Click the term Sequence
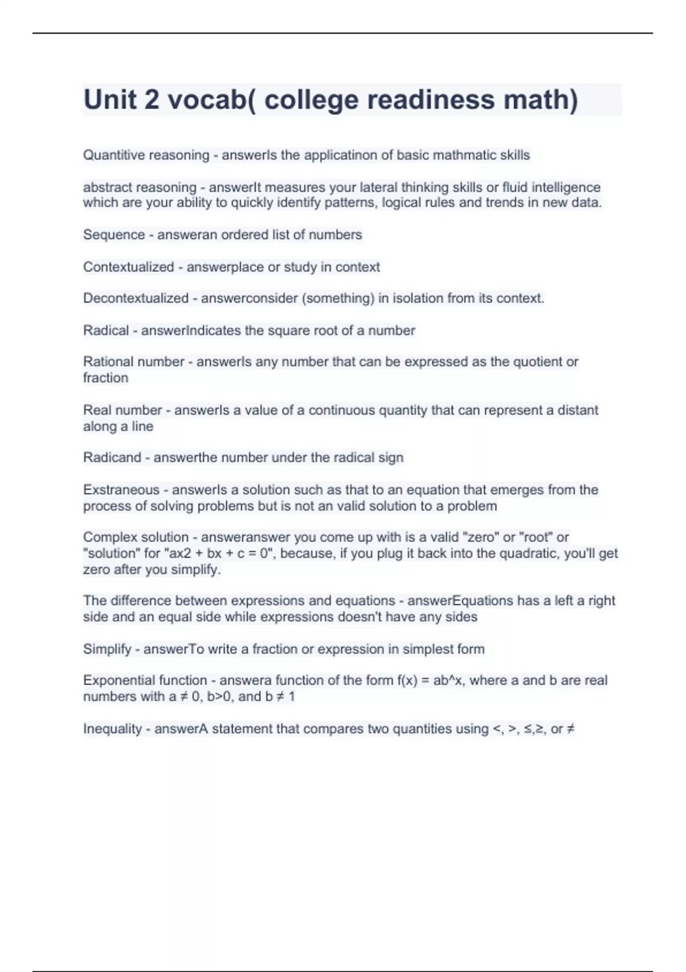click(x=114, y=234)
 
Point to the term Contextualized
click(x=128, y=267)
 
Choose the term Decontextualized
click(x=135, y=298)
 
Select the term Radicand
click(x=112, y=457)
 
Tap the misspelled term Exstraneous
click(x=121, y=489)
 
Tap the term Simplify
click(x=107, y=649)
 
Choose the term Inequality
click(x=112, y=729)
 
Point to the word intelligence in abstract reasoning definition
click(x=566, y=187)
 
